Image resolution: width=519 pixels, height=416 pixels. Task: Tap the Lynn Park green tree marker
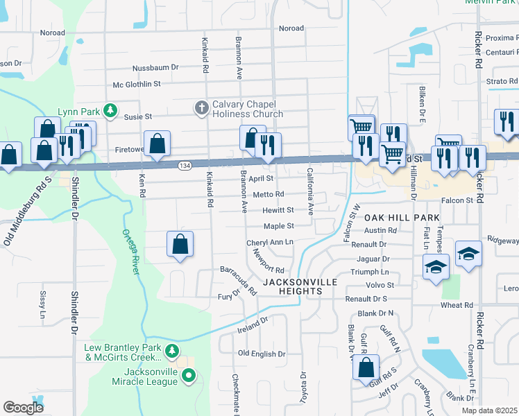[x=110, y=110]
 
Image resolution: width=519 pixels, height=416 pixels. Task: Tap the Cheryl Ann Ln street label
[x=270, y=243]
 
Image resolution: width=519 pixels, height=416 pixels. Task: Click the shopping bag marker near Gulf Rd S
[x=366, y=367]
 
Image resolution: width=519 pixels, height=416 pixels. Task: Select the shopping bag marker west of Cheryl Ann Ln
[x=180, y=244]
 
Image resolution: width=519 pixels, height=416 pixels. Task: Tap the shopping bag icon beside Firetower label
[x=158, y=144]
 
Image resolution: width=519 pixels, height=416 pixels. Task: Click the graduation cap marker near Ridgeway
[x=468, y=254]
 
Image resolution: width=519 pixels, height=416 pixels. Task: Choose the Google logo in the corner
[x=23, y=408]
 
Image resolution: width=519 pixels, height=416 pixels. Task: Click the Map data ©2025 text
[x=489, y=410]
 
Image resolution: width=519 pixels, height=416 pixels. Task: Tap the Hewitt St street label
[x=278, y=210]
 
